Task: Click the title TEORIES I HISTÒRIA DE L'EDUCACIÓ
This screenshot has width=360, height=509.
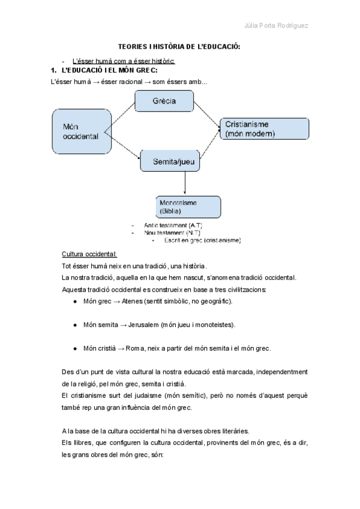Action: (x=179, y=47)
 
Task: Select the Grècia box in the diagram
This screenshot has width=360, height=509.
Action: (x=164, y=101)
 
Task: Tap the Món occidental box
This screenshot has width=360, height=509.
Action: (x=80, y=131)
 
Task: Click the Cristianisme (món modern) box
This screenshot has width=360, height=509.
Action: (x=265, y=128)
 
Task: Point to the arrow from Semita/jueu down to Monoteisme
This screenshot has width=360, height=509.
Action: (x=183, y=183)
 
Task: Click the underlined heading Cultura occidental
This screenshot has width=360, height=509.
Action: (x=89, y=254)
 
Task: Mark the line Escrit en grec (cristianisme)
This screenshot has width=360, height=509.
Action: (x=202, y=240)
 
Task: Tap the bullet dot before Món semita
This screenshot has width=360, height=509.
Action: (x=75, y=325)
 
